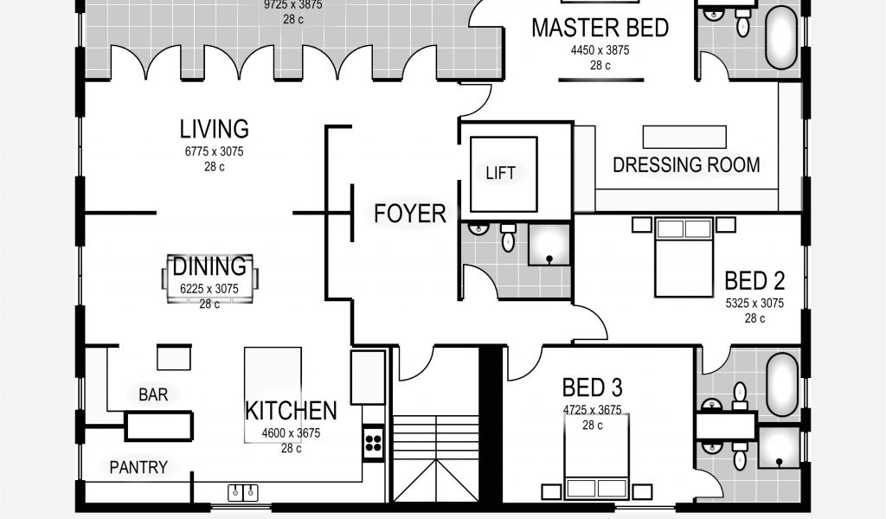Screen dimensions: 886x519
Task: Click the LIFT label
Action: [501, 173]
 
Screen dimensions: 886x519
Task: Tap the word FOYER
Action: [409, 214]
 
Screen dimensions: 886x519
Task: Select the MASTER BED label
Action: [600, 28]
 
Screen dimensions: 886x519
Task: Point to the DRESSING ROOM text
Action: [686, 165]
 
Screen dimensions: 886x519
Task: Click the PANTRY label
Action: [138, 468]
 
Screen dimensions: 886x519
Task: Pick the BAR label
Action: [153, 394]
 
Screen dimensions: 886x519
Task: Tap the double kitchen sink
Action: [243, 492]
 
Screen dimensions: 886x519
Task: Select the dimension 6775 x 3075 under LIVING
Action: [215, 151]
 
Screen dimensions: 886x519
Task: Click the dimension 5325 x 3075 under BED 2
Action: [754, 304]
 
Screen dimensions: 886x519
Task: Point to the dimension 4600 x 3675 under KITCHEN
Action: [291, 433]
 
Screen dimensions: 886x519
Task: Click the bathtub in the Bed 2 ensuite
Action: [782, 385]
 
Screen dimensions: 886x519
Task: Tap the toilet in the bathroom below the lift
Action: [508, 238]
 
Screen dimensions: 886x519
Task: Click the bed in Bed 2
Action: [684, 258]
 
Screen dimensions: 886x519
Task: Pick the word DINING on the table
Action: [209, 266]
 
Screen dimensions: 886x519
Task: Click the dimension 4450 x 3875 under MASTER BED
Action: [600, 50]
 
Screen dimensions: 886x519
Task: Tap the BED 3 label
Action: [592, 388]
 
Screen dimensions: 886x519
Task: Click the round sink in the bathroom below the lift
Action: [478, 228]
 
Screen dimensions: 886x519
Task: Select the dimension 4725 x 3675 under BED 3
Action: [592, 410]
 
